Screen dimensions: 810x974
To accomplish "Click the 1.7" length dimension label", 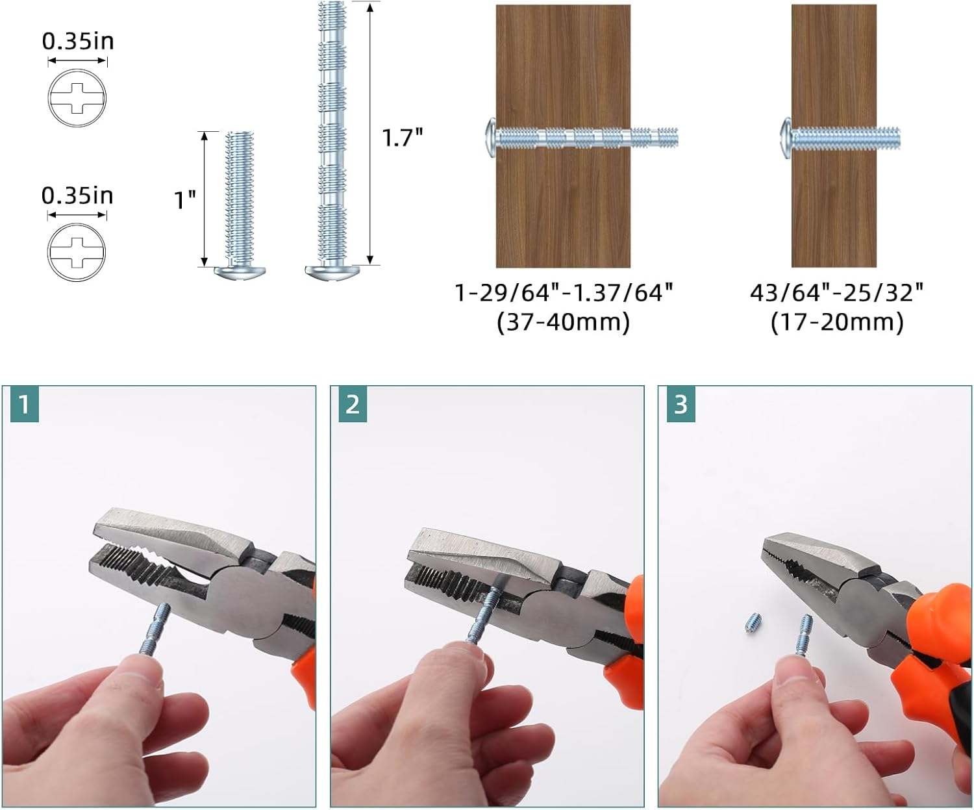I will click(402, 138).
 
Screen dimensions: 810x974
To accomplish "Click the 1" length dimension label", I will click(185, 200).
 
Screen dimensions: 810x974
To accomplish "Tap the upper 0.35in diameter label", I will click(77, 41).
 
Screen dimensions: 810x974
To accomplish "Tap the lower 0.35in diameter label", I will click(77, 196).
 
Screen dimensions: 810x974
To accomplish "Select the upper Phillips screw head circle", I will click(77, 98).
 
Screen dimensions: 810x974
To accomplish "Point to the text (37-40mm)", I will click(563, 322).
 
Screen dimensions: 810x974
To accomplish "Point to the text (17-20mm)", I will click(836, 322).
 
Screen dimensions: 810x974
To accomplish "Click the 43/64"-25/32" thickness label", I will click(836, 293).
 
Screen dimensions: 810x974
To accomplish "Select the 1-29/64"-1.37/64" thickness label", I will click(563, 293).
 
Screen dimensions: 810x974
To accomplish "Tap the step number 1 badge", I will click(25, 405).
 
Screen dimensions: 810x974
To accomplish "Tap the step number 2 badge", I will click(353, 405).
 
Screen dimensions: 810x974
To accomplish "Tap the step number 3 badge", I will click(681, 405).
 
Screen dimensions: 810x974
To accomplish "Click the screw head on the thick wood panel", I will click(491, 138).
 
